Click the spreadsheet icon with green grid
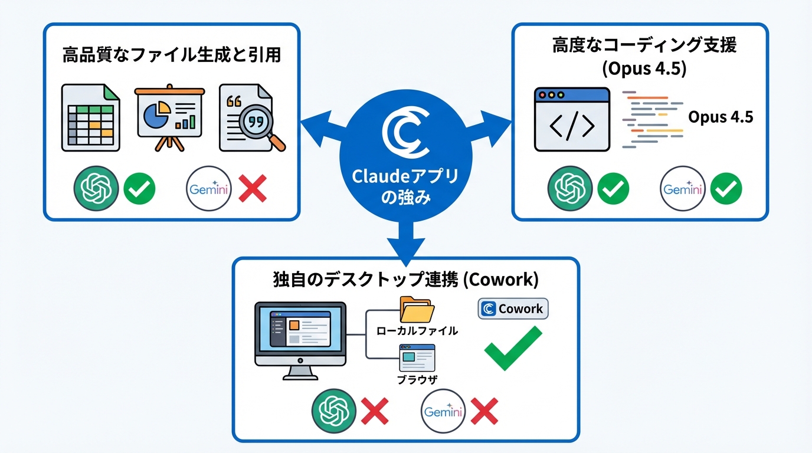tap(90, 119)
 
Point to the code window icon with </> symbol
tap(571, 120)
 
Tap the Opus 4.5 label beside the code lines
tap(721, 117)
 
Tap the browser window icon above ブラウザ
tap(417, 357)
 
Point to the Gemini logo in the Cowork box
tap(443, 411)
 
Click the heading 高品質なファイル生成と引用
tap(171, 56)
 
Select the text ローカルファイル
tap(417, 331)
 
